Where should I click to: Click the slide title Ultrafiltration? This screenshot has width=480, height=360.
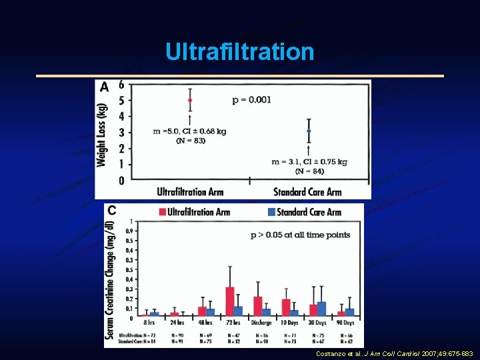click(x=240, y=51)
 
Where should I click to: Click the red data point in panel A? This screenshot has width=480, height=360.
click(x=190, y=101)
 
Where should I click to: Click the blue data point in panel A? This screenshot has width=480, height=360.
click(x=308, y=131)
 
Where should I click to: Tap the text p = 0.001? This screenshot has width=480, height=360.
click(x=251, y=100)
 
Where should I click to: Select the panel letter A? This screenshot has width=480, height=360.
click(x=104, y=87)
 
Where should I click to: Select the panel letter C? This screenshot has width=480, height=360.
click(x=111, y=211)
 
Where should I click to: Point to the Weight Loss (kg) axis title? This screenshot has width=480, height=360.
click(x=103, y=135)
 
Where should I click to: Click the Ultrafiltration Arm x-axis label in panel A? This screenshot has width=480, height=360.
click(x=190, y=192)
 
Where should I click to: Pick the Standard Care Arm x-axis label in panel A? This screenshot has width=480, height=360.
click(x=307, y=192)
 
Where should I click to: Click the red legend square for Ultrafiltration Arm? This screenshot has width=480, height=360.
click(x=162, y=212)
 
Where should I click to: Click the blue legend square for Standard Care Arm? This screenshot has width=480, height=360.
click(x=271, y=212)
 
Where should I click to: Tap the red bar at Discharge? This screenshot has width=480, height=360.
click(x=257, y=306)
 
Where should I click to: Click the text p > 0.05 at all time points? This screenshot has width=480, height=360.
click(x=300, y=235)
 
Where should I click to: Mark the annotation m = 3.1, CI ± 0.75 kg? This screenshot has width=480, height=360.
click(x=310, y=161)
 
